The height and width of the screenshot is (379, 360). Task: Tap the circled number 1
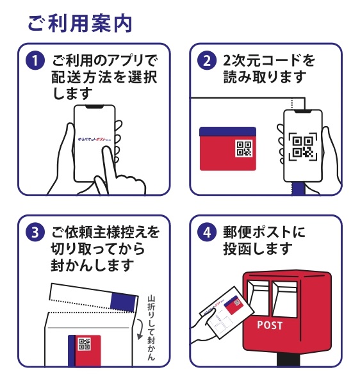[34, 62]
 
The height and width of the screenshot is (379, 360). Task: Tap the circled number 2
[206, 62]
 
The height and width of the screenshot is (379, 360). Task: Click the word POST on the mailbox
[269, 325]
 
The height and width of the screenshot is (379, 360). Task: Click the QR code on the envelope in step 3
[85, 346]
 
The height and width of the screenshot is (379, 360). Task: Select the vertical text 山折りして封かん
[151, 327]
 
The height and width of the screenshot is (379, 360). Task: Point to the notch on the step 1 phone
[94, 107]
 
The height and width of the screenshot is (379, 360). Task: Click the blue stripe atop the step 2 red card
[227, 132]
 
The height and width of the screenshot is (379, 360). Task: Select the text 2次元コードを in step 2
[268, 61]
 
